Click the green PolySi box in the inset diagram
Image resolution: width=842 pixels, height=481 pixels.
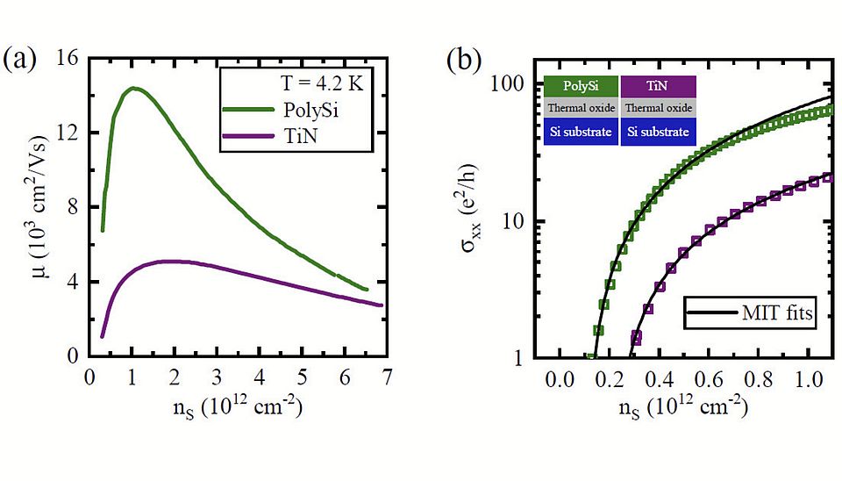tap(581, 87)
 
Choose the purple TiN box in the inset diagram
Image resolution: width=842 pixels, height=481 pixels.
tap(658, 87)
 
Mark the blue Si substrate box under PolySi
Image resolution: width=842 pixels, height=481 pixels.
tap(581, 132)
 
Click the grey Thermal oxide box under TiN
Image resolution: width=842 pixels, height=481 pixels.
tap(658, 109)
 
